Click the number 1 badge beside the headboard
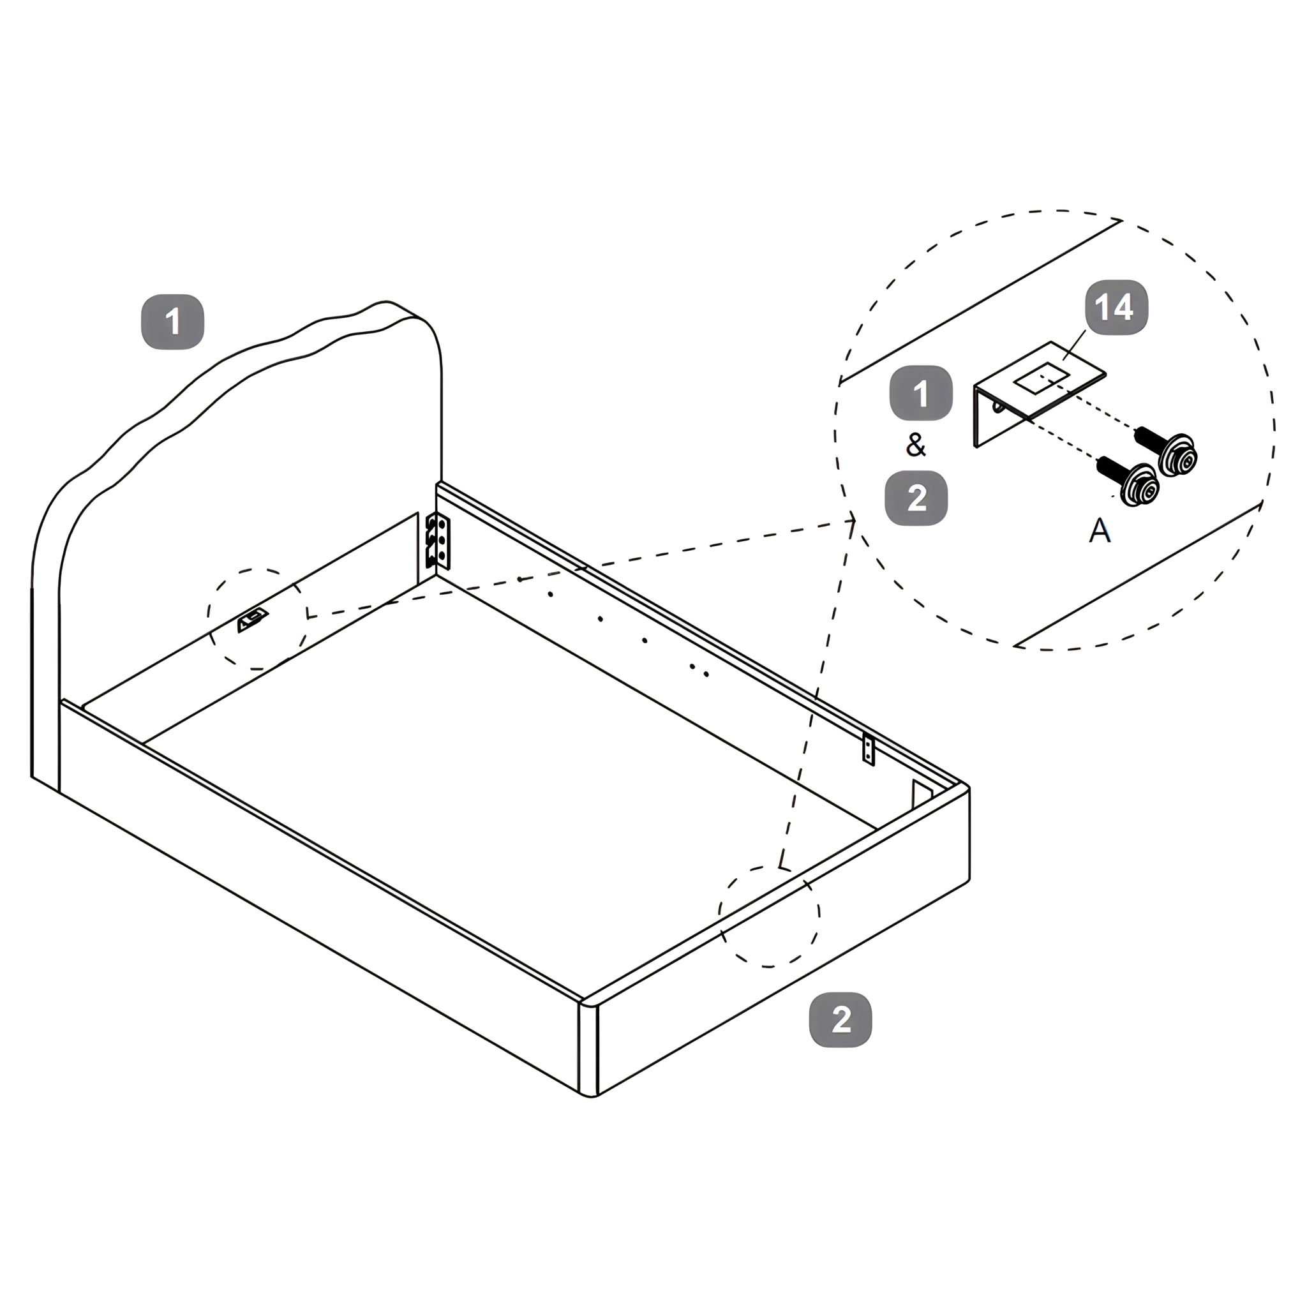click(172, 322)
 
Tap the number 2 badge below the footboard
click(841, 1019)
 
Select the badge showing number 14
click(1116, 307)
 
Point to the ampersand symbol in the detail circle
click(915, 445)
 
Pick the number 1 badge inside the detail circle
click(921, 393)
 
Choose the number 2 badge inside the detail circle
click(916, 498)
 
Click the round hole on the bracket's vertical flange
click(999, 406)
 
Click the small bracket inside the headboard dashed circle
click(251, 620)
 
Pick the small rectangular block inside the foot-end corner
click(922, 793)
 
